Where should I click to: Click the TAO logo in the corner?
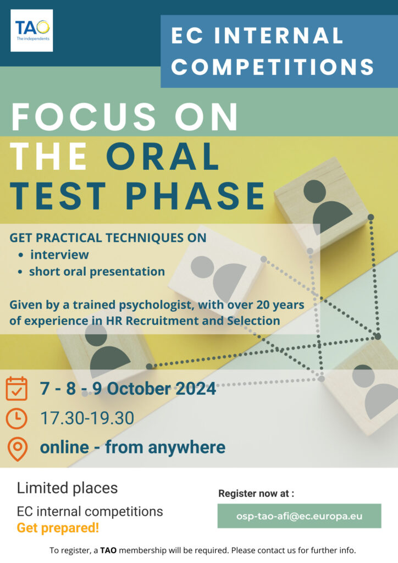31,31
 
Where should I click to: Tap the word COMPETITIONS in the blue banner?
273,67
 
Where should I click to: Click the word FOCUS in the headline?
84,117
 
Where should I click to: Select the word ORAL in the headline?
163,156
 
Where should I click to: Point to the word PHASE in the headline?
195,196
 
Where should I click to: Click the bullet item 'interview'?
59,255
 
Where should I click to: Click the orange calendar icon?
16,389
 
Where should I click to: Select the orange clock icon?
16,418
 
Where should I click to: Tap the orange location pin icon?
17,449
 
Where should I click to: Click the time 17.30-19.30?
87,418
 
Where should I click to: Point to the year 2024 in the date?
196,389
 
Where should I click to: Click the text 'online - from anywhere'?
133,448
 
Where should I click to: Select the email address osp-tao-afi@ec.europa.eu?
299,516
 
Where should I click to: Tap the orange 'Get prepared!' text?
58,528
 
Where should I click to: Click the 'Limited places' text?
68,488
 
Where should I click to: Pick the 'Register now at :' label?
256,494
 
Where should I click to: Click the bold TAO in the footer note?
108,550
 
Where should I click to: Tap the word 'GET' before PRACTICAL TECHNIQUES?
21,238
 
